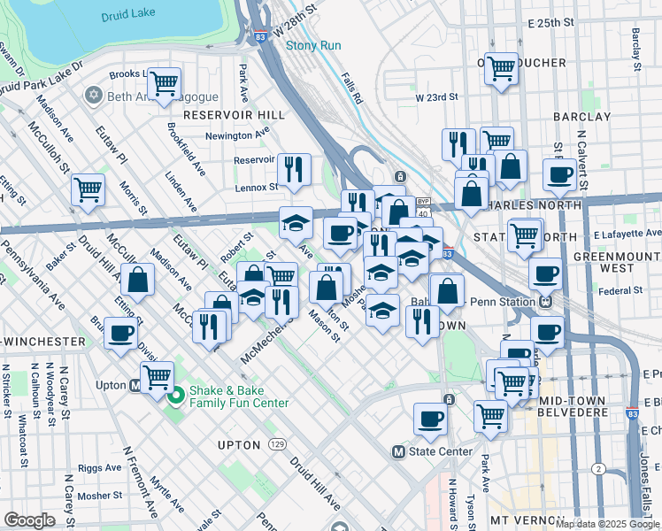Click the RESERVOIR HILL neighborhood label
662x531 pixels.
[235, 115]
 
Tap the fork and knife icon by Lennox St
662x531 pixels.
[294, 168]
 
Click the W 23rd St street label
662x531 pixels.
[436, 96]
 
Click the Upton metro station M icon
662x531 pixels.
[135, 386]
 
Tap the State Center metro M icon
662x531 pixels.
[399, 452]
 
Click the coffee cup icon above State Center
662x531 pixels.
[431, 419]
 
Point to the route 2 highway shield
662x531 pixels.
[599, 468]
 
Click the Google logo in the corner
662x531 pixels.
[29, 520]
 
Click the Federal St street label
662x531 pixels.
[620, 290]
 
